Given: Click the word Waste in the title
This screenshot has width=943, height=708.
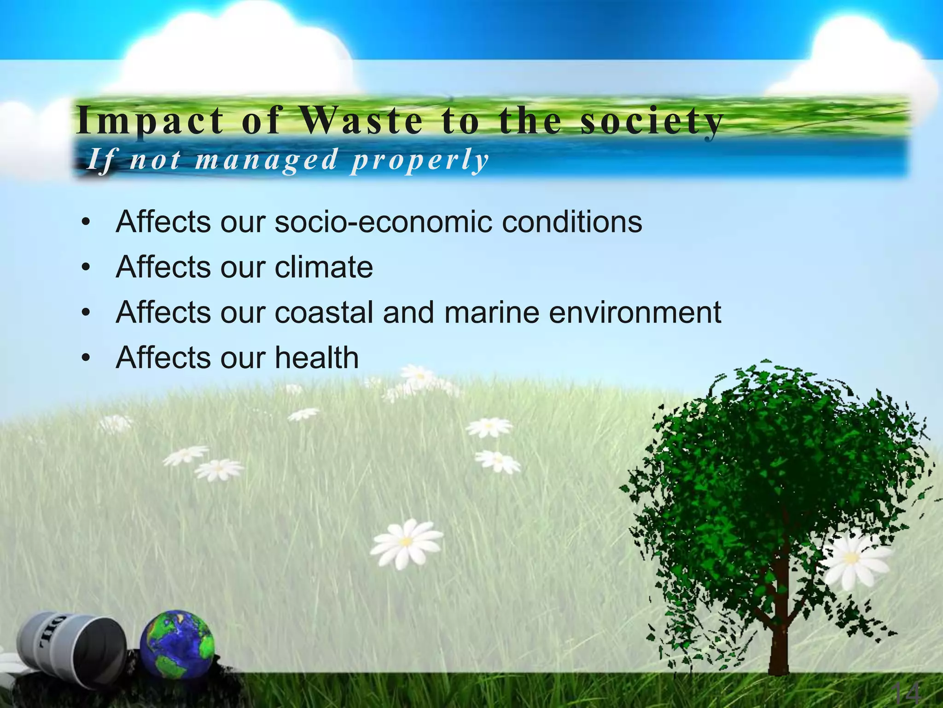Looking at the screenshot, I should coord(361,121).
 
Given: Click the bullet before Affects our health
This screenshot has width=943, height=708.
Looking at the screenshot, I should coord(85,359).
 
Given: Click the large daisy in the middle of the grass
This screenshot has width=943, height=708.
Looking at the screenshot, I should coord(406,542).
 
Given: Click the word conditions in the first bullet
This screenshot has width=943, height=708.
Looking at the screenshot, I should coord(571,222).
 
